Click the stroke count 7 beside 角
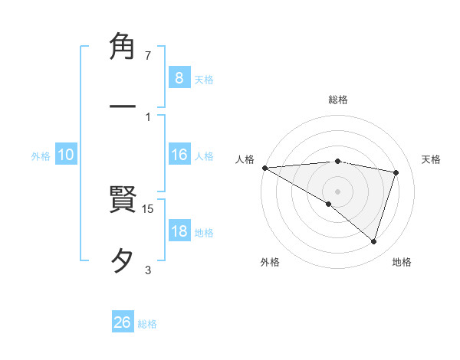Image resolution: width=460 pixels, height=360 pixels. pyautogui.click(x=148, y=56)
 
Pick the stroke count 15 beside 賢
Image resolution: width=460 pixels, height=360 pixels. pyautogui.click(x=149, y=208)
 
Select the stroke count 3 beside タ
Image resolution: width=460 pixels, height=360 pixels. pyautogui.click(x=148, y=269)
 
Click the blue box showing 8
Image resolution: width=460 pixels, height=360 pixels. pyautogui.click(x=179, y=77)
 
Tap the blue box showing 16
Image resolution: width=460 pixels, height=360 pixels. pyautogui.click(x=179, y=155)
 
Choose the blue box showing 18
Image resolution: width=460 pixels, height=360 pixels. pyautogui.click(x=179, y=231)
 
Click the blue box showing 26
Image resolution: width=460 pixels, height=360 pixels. pyautogui.click(x=123, y=322)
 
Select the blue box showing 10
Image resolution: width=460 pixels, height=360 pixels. pyautogui.click(x=66, y=155)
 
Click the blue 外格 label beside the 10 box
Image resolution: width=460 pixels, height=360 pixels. pyautogui.click(x=41, y=156)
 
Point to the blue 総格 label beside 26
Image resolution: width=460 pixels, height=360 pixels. pyautogui.click(x=147, y=324)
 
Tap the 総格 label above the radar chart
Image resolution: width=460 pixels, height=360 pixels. pyautogui.click(x=337, y=100)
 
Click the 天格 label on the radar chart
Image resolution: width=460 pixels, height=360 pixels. pyautogui.click(x=432, y=159)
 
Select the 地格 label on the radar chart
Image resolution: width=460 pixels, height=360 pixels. pyautogui.click(x=402, y=262)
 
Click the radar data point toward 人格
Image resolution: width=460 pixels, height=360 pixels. pyautogui.click(x=264, y=167)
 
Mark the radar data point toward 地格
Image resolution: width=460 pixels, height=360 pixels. pyautogui.click(x=373, y=242)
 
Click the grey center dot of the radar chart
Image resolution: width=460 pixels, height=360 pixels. pyautogui.click(x=337, y=191)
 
